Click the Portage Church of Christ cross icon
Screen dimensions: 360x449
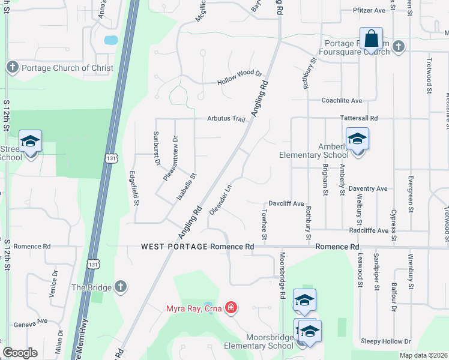click(x=13, y=68)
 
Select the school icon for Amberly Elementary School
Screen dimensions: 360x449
click(x=357, y=139)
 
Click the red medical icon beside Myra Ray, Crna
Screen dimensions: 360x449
click(x=231, y=308)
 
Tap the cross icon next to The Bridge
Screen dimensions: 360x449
click(x=120, y=287)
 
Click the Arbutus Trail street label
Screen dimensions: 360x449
click(x=227, y=119)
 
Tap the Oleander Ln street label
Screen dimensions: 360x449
click(x=220, y=199)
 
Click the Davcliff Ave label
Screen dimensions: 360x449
click(x=286, y=204)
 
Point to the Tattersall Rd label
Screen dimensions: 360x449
click(x=359, y=118)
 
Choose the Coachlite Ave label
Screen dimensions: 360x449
click(x=342, y=100)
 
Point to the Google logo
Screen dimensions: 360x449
click(x=20, y=353)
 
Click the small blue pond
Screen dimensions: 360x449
click(x=110, y=41)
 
